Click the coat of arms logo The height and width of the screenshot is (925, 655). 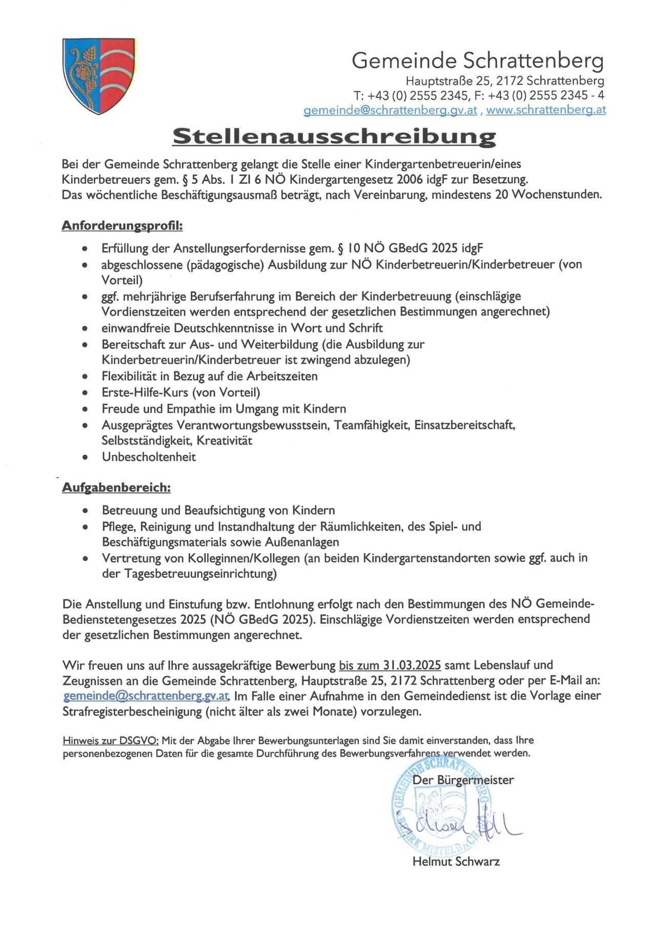[98, 75]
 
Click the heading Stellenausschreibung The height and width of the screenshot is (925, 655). [334, 136]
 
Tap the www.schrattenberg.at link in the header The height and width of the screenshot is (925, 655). [546, 110]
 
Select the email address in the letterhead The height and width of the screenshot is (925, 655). [390, 110]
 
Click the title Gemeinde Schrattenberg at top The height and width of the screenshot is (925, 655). [477, 60]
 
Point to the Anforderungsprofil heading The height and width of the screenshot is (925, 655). [122, 225]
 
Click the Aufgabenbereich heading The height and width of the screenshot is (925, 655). [116, 487]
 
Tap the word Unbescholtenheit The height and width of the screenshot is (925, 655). [149, 457]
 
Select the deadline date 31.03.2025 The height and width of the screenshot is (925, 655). [412, 665]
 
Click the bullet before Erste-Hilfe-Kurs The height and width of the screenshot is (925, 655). [85, 393]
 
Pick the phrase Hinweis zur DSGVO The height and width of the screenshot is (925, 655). [111, 741]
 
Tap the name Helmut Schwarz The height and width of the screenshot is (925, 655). [456, 861]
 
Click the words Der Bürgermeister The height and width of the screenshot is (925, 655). [463, 780]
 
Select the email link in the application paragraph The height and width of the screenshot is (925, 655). [146, 696]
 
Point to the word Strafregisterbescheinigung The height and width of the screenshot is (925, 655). [132, 712]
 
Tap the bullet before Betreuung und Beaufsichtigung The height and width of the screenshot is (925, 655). [85, 511]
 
